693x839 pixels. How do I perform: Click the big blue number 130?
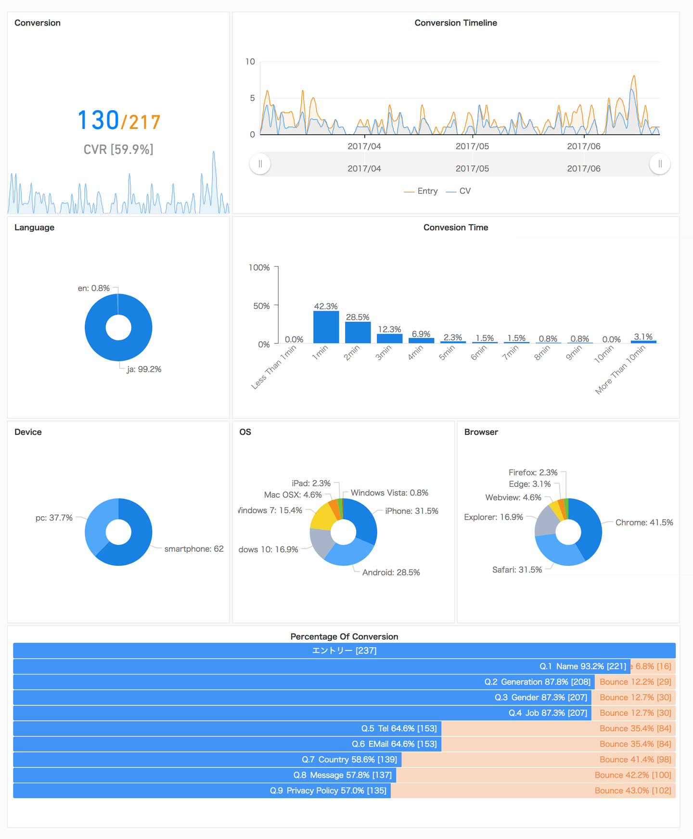click(x=98, y=120)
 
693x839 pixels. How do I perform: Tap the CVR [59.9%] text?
click(x=118, y=150)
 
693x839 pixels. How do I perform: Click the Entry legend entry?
click(x=421, y=191)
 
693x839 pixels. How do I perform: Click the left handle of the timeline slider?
click(x=260, y=164)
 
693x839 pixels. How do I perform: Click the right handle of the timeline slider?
click(x=660, y=164)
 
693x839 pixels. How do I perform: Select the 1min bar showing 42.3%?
click(x=326, y=327)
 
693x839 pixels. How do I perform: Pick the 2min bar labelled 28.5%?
click(x=358, y=332)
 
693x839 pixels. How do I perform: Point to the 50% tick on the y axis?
click(x=261, y=306)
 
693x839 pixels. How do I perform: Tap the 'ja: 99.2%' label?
click(x=144, y=369)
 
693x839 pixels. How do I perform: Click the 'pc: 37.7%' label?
click(x=54, y=518)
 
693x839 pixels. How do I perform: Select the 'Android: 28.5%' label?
click(x=391, y=572)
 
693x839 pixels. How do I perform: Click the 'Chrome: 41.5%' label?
click(x=644, y=522)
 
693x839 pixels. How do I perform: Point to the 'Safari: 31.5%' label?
click(x=517, y=570)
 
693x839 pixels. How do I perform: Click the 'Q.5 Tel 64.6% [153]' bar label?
click(x=399, y=728)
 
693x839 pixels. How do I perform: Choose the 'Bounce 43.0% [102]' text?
click(x=633, y=790)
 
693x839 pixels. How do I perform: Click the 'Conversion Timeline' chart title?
click(x=456, y=23)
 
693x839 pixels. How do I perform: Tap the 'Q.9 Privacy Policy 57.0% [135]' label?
click(x=328, y=790)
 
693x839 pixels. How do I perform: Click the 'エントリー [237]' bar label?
click(x=344, y=651)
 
